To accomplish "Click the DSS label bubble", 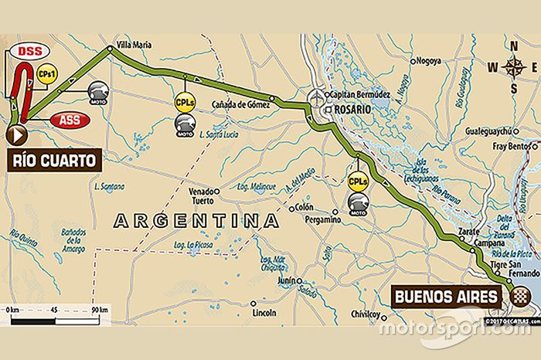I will click(x=29, y=52).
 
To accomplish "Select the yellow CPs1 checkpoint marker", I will click(x=45, y=75).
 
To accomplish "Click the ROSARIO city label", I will click(x=353, y=110).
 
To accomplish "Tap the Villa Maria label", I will click(x=133, y=44).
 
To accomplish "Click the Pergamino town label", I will click(x=321, y=219).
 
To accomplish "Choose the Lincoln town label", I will click(x=264, y=313).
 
